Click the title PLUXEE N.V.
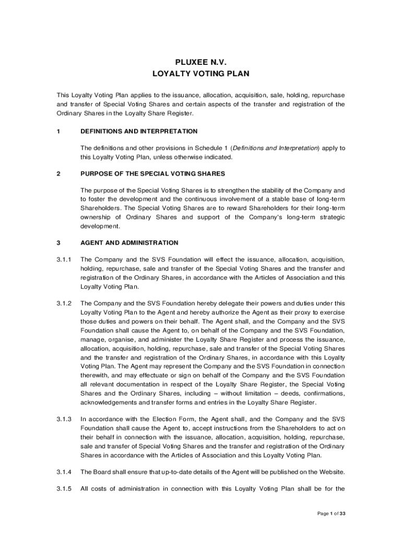tap(200, 62)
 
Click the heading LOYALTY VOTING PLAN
tap(200, 74)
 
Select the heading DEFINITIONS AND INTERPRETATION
tap(139, 131)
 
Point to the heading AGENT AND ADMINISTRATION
tap(129, 243)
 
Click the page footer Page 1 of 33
tap(332, 514)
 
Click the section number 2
tap(58, 173)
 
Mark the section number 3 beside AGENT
tap(58, 243)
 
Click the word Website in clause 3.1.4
tap(332, 472)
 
